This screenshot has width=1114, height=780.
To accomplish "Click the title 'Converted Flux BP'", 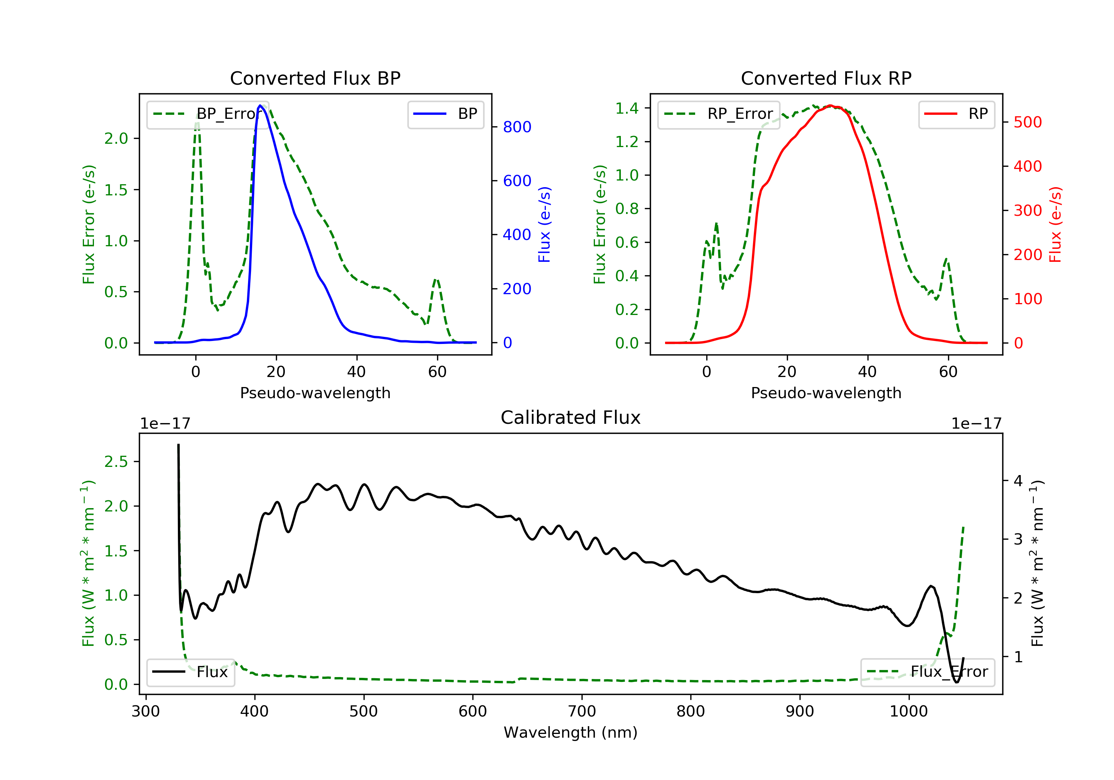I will [x=315, y=78].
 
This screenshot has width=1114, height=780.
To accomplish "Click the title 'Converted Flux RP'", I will [x=826, y=78].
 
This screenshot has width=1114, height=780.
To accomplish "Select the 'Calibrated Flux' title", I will [x=571, y=417].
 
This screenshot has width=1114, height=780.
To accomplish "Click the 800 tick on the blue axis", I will [x=517, y=127].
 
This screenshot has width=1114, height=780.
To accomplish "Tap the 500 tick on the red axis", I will [x=1027, y=122].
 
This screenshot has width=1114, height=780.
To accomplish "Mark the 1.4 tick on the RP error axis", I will [x=627, y=108].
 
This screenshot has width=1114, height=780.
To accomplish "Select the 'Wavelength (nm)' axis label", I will [x=571, y=732].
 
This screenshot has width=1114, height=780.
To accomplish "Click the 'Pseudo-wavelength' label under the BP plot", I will [x=315, y=393].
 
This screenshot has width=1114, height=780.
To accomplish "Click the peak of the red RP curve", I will [x=831, y=105].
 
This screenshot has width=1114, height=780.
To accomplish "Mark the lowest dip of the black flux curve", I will [x=956, y=682].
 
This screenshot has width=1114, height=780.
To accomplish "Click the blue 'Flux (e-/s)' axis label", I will [x=544, y=224].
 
